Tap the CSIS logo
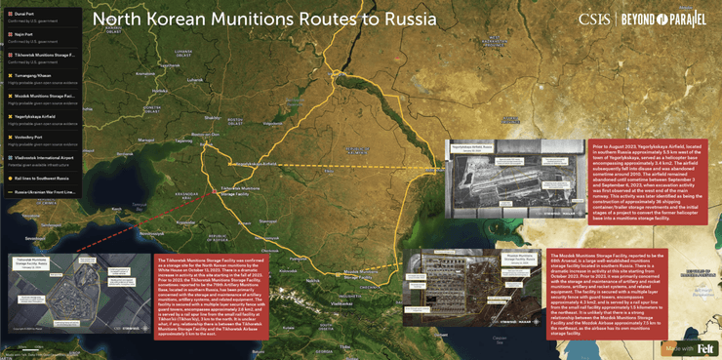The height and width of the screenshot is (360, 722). (593, 19)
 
